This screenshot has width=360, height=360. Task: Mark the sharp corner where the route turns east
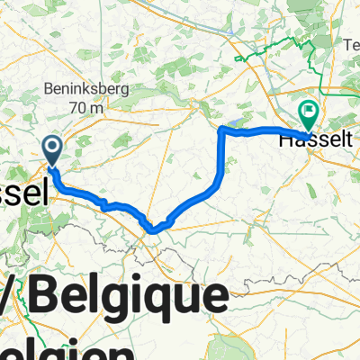221,131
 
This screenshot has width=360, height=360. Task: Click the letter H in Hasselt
286,139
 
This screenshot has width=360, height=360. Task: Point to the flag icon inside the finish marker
309,112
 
